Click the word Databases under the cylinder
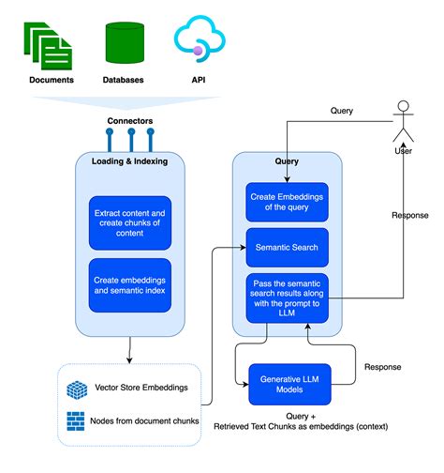point(124,80)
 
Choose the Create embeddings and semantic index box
point(131,284)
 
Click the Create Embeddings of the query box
point(288,201)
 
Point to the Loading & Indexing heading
point(131,161)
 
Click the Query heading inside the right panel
point(288,160)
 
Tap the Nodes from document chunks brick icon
point(77,421)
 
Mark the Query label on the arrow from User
point(342,110)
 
